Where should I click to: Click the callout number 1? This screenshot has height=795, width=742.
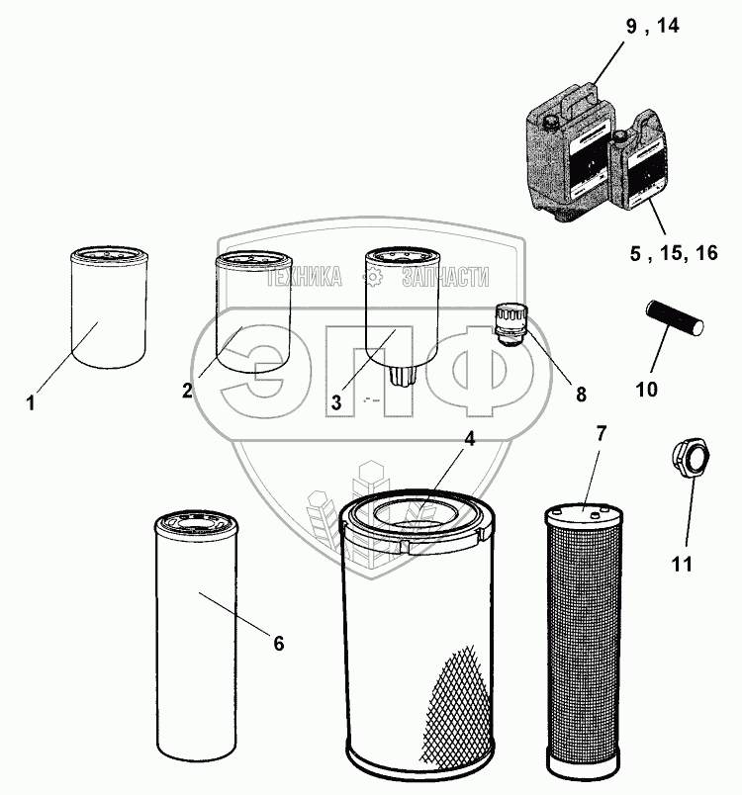tap(32, 403)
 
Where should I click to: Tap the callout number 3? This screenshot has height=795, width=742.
tap(336, 402)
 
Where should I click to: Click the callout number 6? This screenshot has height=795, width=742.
tap(278, 644)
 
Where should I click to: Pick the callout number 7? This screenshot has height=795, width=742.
tap(603, 433)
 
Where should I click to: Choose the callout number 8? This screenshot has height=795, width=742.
tap(581, 395)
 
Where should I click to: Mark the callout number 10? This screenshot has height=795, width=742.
tap(646, 390)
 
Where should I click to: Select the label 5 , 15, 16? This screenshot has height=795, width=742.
tap(674, 254)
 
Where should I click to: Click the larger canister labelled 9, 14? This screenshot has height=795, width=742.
tap(566, 143)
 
